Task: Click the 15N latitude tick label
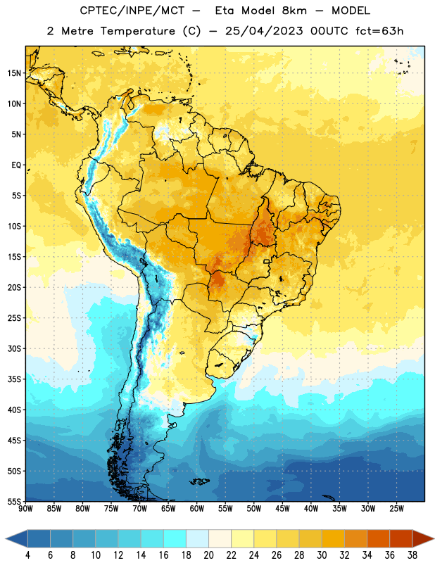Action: [14, 73]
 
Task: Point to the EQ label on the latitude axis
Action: [16, 165]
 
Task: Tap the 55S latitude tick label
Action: [14, 501]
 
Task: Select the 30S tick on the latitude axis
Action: [14, 348]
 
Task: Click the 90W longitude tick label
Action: [25, 509]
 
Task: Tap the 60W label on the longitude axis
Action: [197, 509]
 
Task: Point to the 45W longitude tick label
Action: [282, 509]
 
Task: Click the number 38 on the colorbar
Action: [412, 555]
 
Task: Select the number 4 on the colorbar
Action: [27, 555]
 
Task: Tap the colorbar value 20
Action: [208, 555]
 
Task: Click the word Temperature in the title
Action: [137, 31]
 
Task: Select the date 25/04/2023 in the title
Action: [264, 31]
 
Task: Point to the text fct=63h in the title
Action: [379, 31]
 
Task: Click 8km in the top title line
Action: [294, 11]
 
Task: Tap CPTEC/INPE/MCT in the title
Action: [132, 11]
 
